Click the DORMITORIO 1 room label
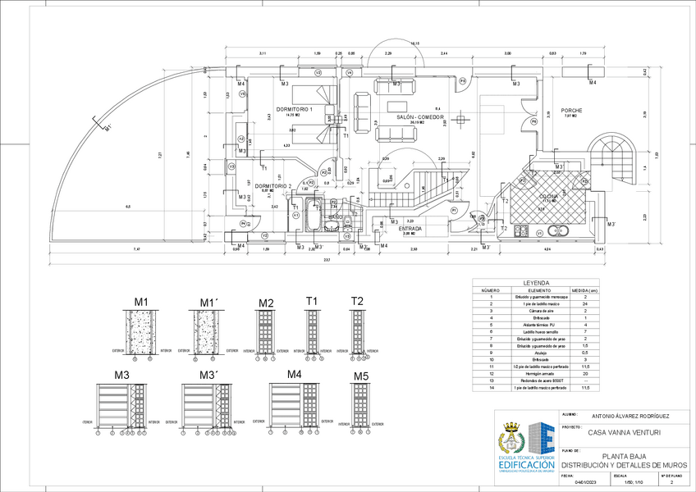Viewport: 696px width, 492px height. (295, 109)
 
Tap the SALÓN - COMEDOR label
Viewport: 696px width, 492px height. (420, 117)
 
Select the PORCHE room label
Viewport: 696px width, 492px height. (571, 111)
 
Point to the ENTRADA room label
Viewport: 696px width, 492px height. (410, 229)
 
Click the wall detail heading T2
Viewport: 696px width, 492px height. (357, 301)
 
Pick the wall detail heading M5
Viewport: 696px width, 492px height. (361, 376)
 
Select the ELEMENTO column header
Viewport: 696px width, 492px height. (539, 290)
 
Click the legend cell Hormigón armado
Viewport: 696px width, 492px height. (539, 375)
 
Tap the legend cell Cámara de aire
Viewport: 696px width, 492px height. (539, 311)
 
